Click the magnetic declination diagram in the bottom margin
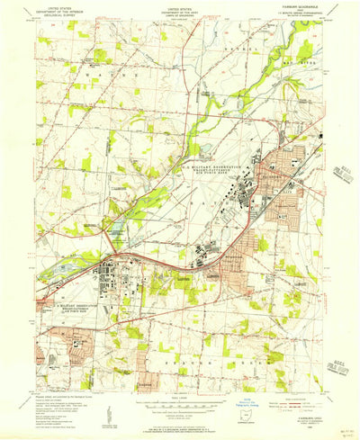[109, 409]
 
